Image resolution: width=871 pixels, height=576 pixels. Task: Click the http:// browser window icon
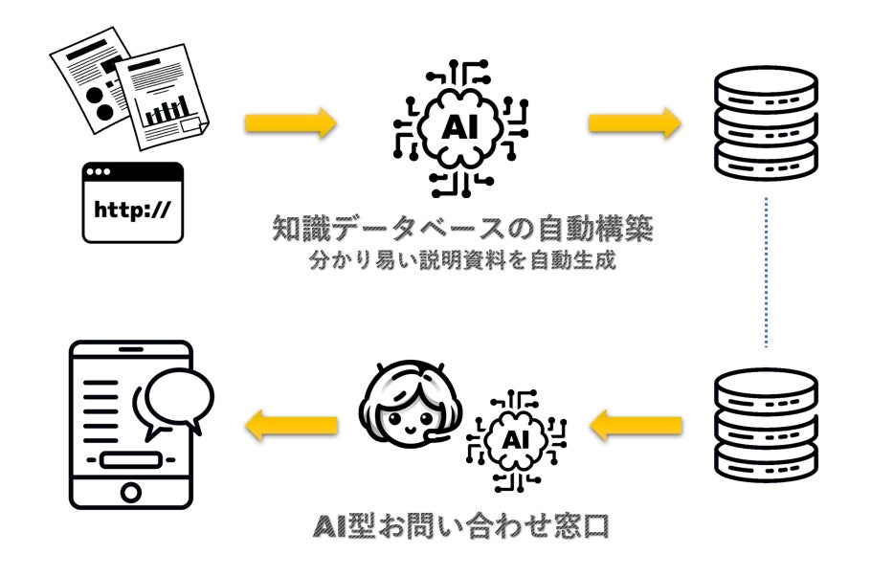[x=132, y=202]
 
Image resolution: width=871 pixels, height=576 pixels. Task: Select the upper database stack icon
[x=767, y=122]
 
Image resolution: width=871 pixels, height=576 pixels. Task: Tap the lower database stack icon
[x=767, y=423]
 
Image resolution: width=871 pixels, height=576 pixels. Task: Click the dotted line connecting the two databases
[x=767, y=273]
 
